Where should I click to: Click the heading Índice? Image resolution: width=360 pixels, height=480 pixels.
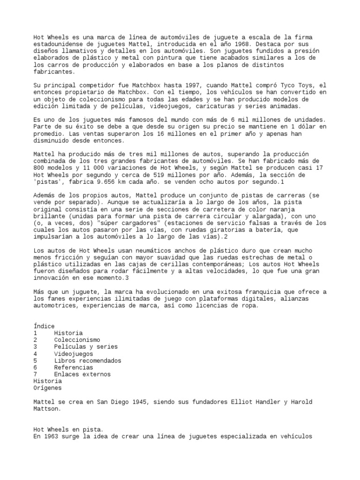[x=44, y=326]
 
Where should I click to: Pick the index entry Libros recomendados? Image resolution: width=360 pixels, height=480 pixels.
[x=88, y=360]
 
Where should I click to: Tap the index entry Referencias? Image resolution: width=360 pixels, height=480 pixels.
[x=74, y=367]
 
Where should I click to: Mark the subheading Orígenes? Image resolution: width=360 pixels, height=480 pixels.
[x=47, y=388]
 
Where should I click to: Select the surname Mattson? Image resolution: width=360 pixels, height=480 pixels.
[x=47, y=409]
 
